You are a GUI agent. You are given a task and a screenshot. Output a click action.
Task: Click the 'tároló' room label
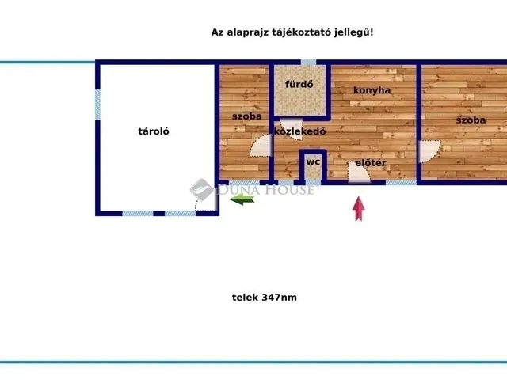tap(155, 132)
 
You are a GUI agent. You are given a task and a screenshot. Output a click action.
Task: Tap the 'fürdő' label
tap(299, 85)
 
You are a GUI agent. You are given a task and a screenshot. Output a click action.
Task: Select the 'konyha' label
tap(372, 90)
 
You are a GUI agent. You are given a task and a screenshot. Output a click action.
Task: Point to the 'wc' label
tap(314, 162)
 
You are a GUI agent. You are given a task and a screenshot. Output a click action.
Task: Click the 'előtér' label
tap(370, 163)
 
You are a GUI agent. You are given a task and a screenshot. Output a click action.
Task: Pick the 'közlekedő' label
tap(300, 131)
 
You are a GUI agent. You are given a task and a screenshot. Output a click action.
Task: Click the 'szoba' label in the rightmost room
tap(470, 120)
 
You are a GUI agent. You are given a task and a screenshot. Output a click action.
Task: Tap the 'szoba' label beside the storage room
tap(247, 116)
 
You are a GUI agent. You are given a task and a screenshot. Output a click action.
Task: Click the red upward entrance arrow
tap(359, 208)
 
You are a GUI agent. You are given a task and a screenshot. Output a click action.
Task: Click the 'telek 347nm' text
tap(264, 298)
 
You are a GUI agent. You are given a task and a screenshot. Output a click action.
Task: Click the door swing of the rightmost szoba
tap(430, 151)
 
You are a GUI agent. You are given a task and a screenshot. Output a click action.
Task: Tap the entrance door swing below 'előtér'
tap(358, 173)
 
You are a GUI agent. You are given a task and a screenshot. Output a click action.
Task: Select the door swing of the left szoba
tap(261, 145)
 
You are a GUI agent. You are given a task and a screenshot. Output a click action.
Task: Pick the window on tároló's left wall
tap(97, 104)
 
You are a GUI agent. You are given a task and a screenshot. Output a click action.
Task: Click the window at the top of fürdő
tap(308, 63)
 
